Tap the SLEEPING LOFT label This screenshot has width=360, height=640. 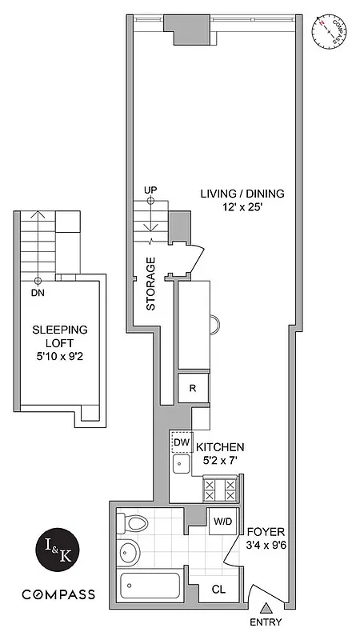click(59, 337)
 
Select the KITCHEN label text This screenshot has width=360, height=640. click(220, 446)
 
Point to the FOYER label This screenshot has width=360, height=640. click(262, 531)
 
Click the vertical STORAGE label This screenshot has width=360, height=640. click(150, 283)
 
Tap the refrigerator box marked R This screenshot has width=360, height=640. click(193, 389)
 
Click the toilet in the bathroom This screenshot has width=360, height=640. click(134, 525)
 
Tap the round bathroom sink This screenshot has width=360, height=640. click(129, 554)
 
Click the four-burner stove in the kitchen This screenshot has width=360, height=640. click(220, 487)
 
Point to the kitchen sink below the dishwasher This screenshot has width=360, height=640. click(180, 463)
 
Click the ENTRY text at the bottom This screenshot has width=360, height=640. click(266, 622)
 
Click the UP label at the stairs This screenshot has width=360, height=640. click(150, 189)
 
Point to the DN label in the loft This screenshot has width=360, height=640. click(38, 293)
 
